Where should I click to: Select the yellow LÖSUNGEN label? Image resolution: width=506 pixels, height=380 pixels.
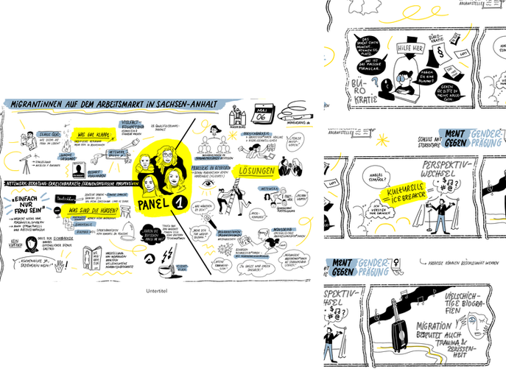pos(256,172)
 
